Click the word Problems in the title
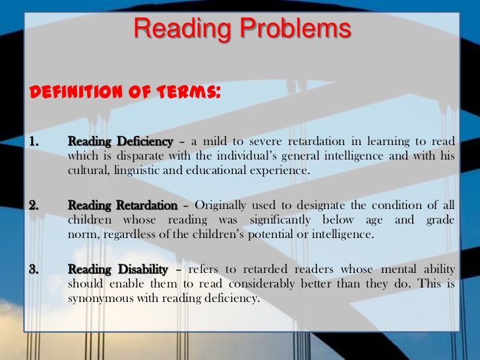tap(295, 29)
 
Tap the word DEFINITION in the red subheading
tap(76, 92)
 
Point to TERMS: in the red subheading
tap(189, 92)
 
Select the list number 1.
tap(34, 141)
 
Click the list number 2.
tap(34, 205)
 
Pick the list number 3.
tap(34, 270)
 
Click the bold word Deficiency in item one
tap(145, 142)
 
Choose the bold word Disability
tap(143, 270)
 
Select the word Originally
tap(220, 206)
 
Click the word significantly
tap(280, 220)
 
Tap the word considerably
tap(262, 284)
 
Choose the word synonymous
tap(101, 299)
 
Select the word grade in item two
tap(440, 220)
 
